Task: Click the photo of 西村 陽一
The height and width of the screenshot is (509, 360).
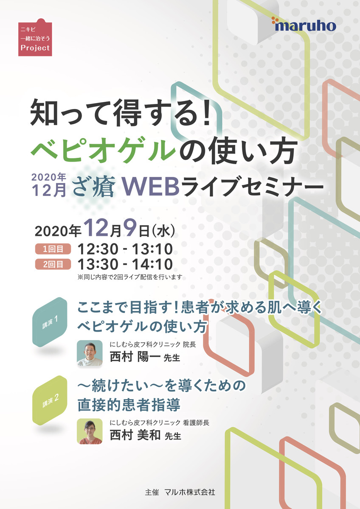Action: [x=90, y=353]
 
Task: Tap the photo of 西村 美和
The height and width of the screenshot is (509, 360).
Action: [x=90, y=431]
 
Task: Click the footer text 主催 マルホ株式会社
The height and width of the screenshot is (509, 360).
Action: [x=180, y=492]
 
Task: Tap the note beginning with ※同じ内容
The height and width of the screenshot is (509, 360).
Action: [x=130, y=277]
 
